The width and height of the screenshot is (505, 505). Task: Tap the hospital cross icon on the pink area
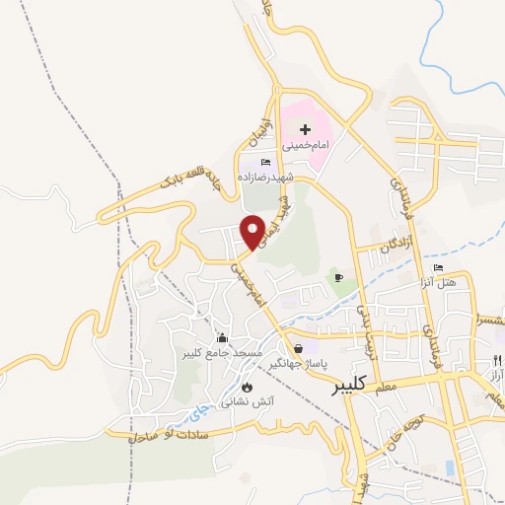305,129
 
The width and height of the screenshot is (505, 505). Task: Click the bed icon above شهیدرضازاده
264,163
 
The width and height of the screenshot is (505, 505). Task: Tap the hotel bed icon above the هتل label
438,268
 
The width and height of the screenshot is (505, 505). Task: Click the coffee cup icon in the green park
338,277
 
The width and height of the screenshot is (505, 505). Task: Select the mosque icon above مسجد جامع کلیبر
222,337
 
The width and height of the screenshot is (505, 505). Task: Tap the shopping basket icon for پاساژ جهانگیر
298,348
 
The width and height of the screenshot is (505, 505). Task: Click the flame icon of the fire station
247,388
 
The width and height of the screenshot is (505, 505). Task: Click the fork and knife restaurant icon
497,360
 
